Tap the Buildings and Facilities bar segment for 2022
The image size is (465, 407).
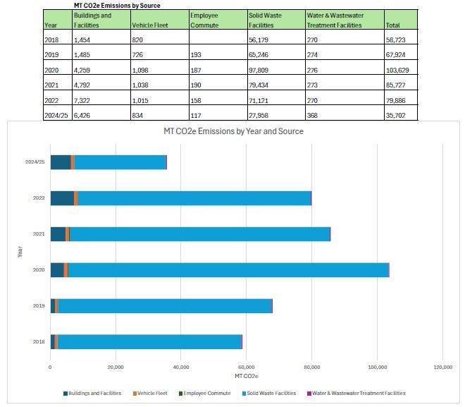[62, 198]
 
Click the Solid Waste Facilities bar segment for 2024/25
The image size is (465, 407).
[120, 162]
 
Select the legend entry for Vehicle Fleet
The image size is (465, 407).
[152, 394]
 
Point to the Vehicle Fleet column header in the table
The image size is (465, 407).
[149, 25]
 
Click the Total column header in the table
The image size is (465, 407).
[392, 25]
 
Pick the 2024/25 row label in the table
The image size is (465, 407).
[56, 114]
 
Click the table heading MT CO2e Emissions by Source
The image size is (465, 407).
[116, 5]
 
